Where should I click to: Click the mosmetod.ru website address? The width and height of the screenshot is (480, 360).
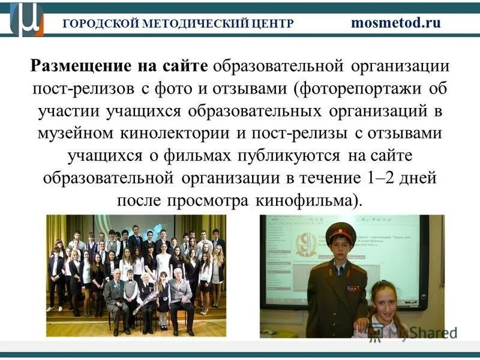tap(395, 23)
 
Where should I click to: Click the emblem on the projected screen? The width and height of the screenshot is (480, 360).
tap(302, 242)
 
